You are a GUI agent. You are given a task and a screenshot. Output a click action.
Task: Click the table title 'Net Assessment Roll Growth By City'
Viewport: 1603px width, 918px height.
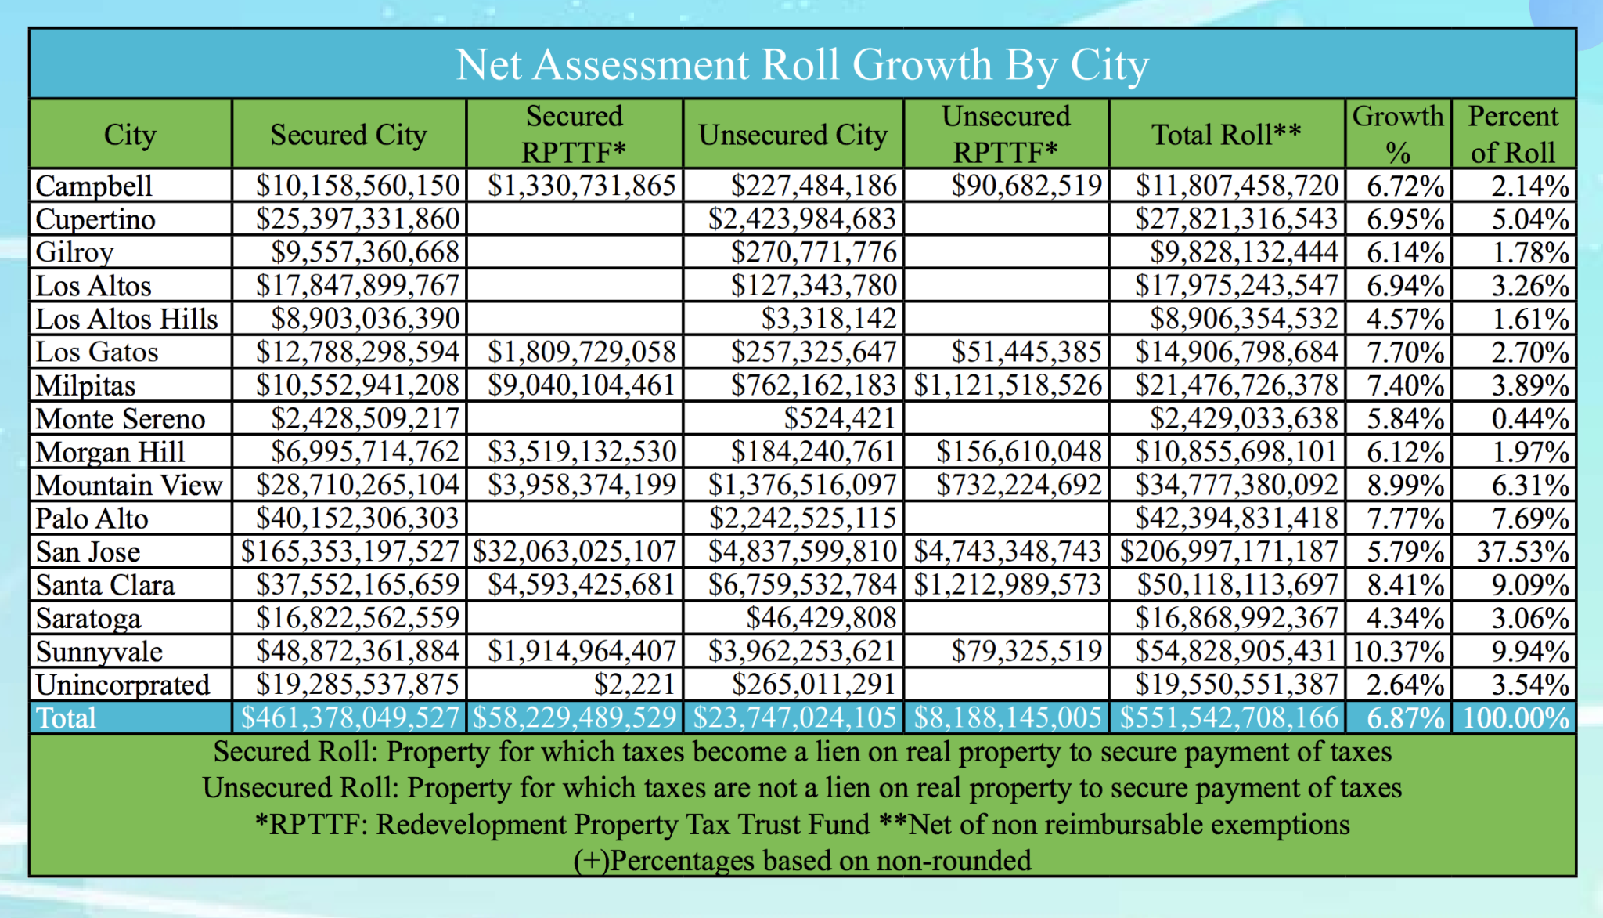point(801,64)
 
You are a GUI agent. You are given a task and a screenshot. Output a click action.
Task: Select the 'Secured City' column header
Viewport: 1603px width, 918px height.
point(348,135)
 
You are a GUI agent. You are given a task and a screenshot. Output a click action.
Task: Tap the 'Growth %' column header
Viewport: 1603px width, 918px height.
point(1398,134)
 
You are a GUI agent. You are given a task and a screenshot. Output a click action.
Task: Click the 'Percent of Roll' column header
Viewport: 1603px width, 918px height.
point(1513,134)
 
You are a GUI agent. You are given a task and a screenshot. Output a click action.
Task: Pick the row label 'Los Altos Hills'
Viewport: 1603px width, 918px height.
point(127,319)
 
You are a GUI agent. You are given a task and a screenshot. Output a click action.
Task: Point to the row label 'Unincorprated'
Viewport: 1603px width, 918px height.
point(123,685)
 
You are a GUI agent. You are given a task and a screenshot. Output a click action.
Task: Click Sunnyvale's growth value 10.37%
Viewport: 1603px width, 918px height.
point(1398,652)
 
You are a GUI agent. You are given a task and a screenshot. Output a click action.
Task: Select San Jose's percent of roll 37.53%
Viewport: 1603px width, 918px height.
point(1522,552)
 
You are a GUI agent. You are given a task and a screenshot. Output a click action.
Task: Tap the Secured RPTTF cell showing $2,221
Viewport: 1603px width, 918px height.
point(634,685)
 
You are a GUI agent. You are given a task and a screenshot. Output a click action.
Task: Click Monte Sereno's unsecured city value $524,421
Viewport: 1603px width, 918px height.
point(840,419)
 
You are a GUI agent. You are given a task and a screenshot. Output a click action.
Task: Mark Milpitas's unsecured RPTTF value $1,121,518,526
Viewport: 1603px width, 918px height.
point(1008,385)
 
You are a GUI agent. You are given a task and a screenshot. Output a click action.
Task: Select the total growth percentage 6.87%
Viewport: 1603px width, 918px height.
point(1405,718)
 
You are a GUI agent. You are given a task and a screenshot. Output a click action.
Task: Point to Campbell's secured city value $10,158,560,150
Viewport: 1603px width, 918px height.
point(358,186)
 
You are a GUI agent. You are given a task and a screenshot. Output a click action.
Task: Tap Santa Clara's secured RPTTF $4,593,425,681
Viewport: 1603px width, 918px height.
point(582,585)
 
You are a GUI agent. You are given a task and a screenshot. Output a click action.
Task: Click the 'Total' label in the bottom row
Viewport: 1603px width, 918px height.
point(66,718)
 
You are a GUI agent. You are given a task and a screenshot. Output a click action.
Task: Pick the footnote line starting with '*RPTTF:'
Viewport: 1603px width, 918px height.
point(801,825)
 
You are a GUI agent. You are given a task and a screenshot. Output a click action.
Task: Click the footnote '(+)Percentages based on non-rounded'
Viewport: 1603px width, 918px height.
point(801,861)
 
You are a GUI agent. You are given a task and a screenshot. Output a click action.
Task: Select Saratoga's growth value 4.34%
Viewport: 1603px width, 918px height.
point(1405,619)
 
